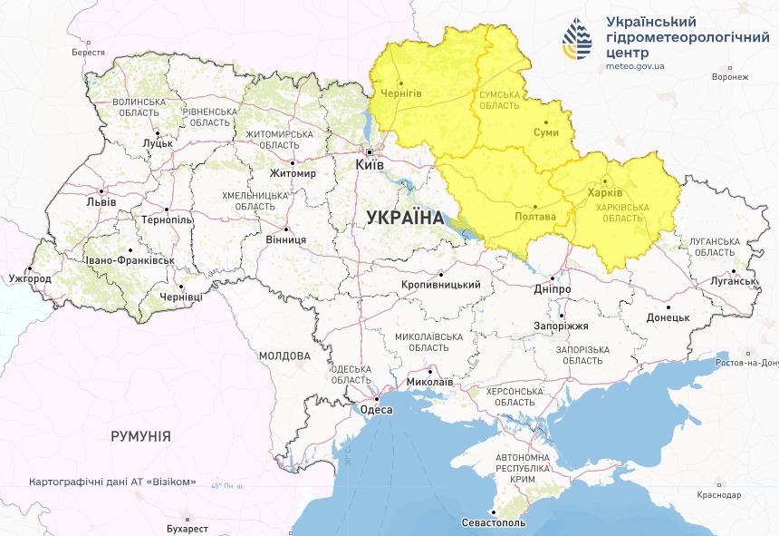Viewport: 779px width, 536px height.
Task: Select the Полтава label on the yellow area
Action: [534, 218]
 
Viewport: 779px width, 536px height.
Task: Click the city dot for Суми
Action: [546, 122]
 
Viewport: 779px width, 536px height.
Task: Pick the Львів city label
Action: [100, 202]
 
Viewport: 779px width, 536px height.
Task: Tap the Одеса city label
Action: [377, 410]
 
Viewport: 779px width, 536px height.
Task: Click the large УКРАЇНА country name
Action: [404, 218]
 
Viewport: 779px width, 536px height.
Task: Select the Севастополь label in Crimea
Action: [492, 523]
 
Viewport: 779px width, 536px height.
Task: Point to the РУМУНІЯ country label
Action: [140, 436]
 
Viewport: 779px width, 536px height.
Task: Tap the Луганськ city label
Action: [734, 281]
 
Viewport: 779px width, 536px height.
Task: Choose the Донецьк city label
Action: [668, 318]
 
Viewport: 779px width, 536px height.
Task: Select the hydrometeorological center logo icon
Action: [577, 41]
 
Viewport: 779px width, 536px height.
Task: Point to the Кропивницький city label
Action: [440, 285]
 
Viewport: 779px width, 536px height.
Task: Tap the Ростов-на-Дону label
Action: [745, 363]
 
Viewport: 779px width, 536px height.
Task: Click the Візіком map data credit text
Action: [112, 482]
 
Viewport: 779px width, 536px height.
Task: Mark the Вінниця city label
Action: [286, 239]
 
